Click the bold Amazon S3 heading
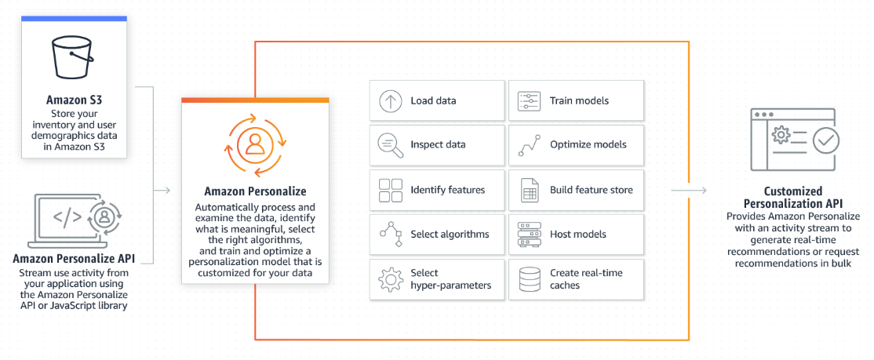[x=74, y=100]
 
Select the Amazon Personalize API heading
[x=74, y=259]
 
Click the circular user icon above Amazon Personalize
[x=254, y=144]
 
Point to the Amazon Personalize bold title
[x=255, y=191]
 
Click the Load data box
[x=437, y=100]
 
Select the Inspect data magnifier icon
[x=390, y=144]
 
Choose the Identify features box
[x=437, y=189]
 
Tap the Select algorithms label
[x=450, y=234]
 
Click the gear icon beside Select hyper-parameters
[x=390, y=278]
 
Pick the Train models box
[x=576, y=100]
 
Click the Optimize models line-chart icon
[x=529, y=145]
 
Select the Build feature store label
[x=591, y=189]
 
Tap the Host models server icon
[x=529, y=234]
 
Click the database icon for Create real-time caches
[x=529, y=278]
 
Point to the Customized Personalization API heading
[x=793, y=197]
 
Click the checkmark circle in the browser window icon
[x=825, y=140]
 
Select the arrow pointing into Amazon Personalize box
[x=162, y=190]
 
